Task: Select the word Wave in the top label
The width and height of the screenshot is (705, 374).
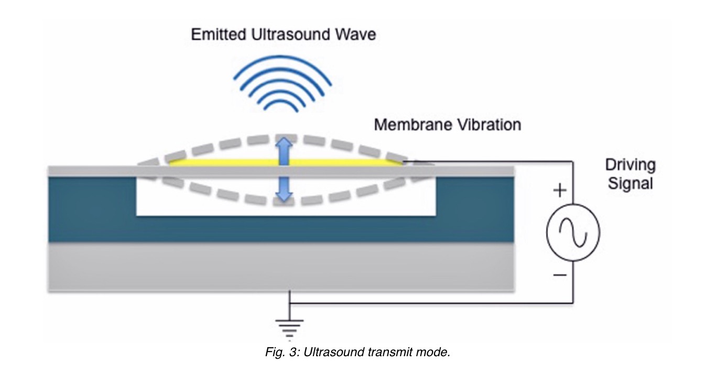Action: (358, 35)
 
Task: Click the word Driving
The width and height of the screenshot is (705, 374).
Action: (630, 166)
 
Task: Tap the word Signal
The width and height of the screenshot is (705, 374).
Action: (630, 183)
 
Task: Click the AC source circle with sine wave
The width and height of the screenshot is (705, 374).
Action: (573, 231)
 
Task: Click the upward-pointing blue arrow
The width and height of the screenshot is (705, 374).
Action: (284, 151)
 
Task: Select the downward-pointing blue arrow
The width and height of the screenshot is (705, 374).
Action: (284, 189)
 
